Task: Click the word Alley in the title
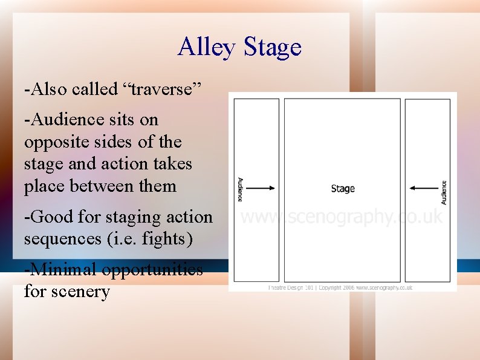(x=207, y=48)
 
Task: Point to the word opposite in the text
(x=54, y=143)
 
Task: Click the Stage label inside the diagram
(x=343, y=189)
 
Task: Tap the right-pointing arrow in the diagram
(x=260, y=189)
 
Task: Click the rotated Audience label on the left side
(x=240, y=189)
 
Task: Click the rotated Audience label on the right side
(x=444, y=192)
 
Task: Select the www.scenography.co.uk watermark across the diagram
(x=342, y=217)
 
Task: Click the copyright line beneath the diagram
(x=340, y=288)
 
